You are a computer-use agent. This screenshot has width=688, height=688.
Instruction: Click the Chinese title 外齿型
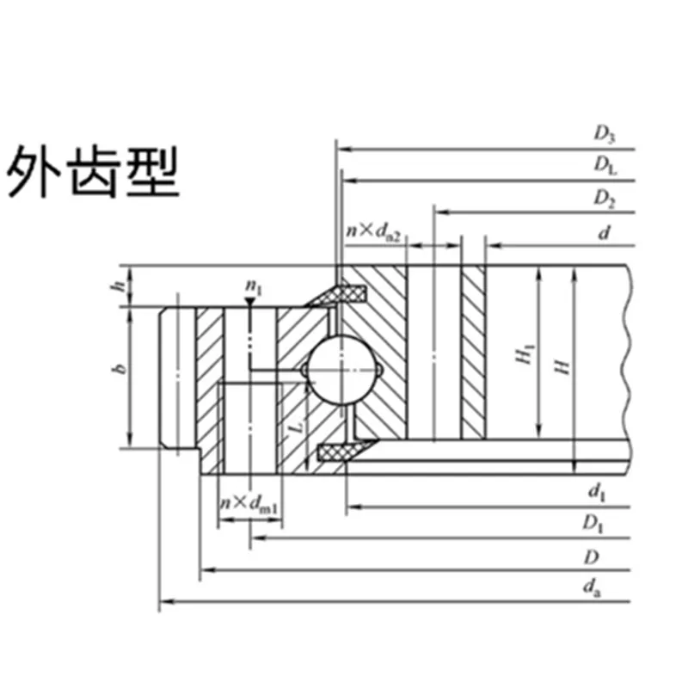[x=94, y=172]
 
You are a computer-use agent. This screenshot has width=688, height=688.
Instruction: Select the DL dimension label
[x=605, y=166]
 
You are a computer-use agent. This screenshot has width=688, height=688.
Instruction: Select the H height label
[x=562, y=366]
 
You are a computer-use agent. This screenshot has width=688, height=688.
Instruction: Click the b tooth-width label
[x=121, y=370]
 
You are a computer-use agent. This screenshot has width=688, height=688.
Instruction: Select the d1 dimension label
[x=594, y=492]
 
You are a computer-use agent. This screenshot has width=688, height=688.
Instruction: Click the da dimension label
[x=591, y=588]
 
